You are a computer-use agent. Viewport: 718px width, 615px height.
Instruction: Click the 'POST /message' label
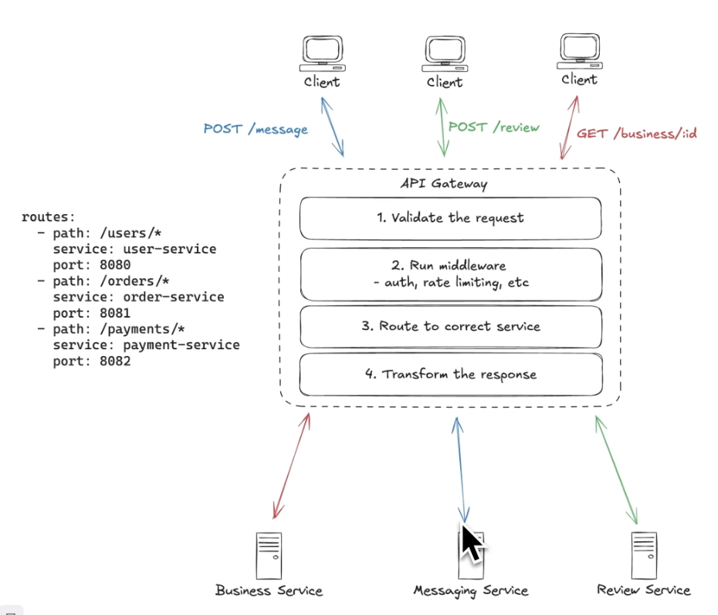pos(256,129)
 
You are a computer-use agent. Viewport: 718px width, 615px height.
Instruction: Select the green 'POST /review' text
pos(493,127)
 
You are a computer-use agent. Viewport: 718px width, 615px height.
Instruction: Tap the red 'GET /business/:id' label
pos(636,133)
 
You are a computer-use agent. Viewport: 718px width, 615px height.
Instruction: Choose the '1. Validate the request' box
pos(450,218)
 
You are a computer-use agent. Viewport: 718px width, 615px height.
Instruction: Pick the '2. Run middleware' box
pos(450,274)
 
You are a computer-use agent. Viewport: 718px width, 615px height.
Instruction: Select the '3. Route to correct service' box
pos(450,326)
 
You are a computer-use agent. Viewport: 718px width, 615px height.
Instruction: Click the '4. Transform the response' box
pos(450,374)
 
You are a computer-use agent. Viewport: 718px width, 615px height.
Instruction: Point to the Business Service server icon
pos(269,556)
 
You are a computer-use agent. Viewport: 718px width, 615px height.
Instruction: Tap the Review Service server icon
pos(643,555)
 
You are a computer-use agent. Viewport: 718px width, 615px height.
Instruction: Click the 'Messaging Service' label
pos(470,591)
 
